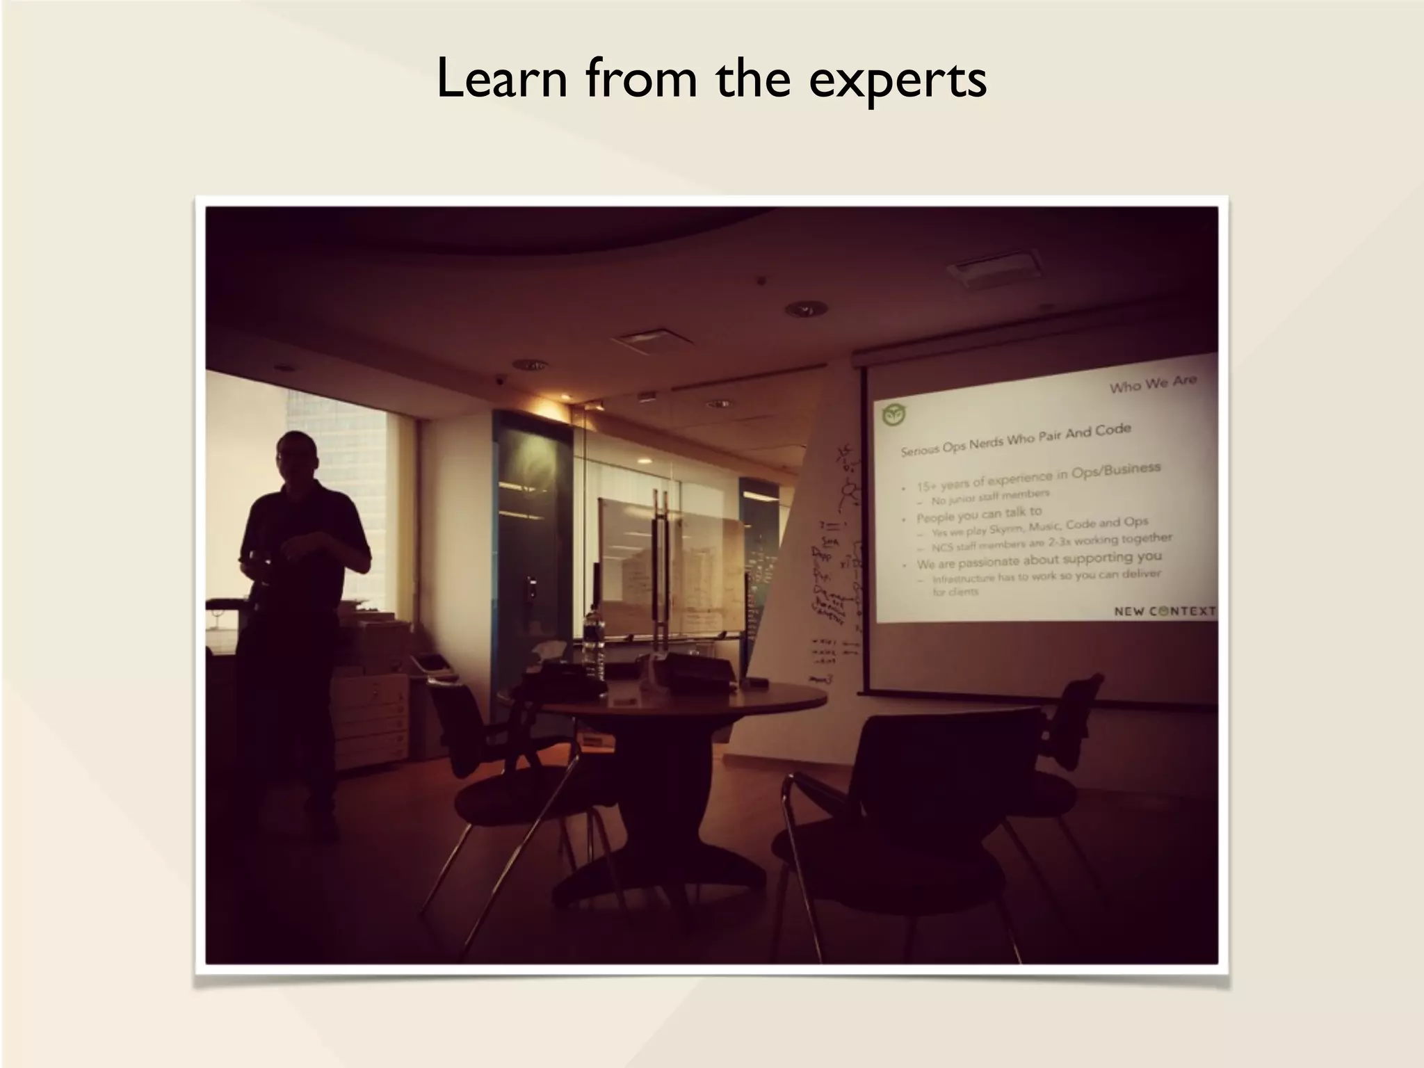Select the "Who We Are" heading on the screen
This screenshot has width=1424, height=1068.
(x=1152, y=383)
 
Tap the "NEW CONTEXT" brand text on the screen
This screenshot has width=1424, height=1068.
(x=1165, y=611)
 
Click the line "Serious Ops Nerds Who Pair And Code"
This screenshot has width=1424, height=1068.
(x=1016, y=440)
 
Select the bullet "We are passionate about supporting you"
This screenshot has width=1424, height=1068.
(x=1039, y=560)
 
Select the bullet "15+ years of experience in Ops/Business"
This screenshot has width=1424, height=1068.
(x=1038, y=476)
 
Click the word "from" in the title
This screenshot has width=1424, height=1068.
(x=640, y=78)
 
